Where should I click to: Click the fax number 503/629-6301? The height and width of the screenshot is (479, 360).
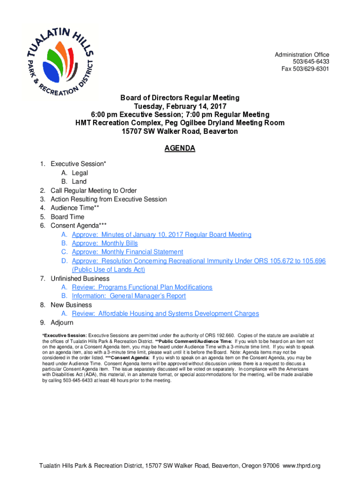(x=305, y=69)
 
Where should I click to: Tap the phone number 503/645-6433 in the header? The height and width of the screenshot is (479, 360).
(x=311, y=62)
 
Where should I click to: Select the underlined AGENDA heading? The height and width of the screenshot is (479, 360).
(x=180, y=149)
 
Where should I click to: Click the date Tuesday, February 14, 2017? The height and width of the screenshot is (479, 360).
(x=180, y=106)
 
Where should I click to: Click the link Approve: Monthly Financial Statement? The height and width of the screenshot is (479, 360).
(x=127, y=252)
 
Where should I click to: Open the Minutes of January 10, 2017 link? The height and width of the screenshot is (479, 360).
(x=161, y=234)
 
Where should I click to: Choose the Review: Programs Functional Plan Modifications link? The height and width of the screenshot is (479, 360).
(x=142, y=287)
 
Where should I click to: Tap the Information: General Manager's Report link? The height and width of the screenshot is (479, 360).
(x=129, y=296)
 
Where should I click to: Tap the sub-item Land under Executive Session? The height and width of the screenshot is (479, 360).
(x=79, y=181)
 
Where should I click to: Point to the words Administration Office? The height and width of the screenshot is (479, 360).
(x=302, y=55)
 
